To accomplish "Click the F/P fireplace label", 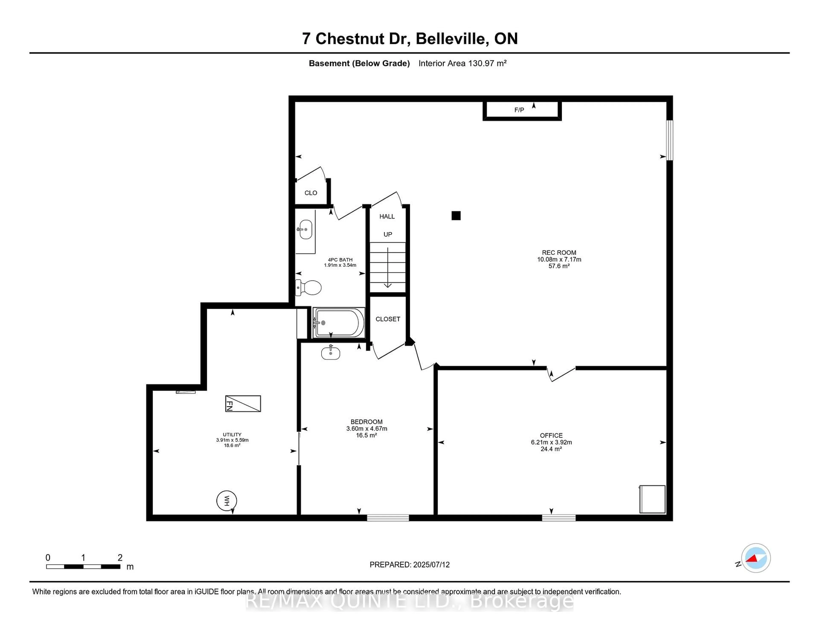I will click(519, 110).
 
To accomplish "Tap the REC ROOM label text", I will click(559, 253).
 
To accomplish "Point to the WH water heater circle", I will click(227, 501).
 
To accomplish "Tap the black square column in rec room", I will click(456, 216).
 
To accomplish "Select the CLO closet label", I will click(311, 193).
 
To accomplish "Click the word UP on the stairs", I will click(388, 234).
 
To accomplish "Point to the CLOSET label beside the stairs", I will click(388, 319).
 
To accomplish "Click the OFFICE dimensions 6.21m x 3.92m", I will click(551, 442).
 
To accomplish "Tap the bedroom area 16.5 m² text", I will click(366, 435).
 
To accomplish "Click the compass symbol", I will click(756, 558).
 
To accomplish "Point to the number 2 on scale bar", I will click(120, 558).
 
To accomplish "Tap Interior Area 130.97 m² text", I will click(462, 63).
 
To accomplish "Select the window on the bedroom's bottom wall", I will click(388, 518).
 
